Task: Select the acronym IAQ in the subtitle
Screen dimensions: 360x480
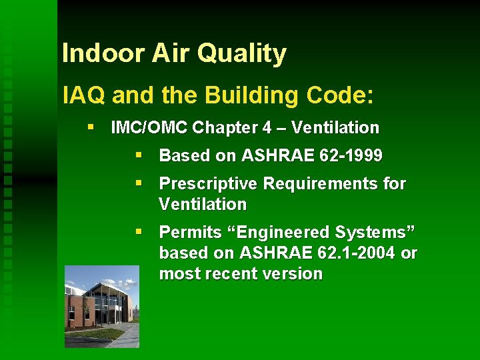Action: click(84, 95)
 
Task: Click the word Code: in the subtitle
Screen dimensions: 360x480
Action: click(340, 95)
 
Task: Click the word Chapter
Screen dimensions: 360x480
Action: click(200, 127)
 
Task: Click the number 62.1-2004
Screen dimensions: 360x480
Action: click(358, 253)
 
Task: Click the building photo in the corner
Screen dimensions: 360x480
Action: click(102, 306)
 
